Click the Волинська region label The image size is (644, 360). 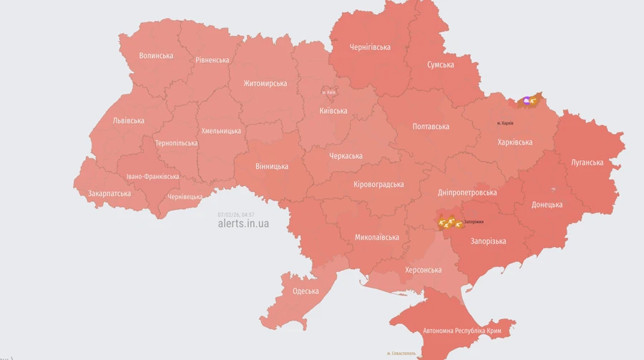156,56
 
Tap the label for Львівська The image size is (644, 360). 129,120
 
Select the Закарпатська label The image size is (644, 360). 109,193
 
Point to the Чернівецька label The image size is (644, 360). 185,196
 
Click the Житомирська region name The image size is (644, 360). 265,83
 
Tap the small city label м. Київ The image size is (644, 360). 329,92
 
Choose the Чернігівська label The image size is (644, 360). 370,47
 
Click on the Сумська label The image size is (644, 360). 440,64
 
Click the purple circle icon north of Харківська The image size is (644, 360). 527,102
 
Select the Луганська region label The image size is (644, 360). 587,162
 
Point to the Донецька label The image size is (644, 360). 547,205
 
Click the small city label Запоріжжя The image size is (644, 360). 474,222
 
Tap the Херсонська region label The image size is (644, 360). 423,270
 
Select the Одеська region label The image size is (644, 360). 306,291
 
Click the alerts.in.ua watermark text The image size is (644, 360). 243,223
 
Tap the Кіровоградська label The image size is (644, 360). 379,185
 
